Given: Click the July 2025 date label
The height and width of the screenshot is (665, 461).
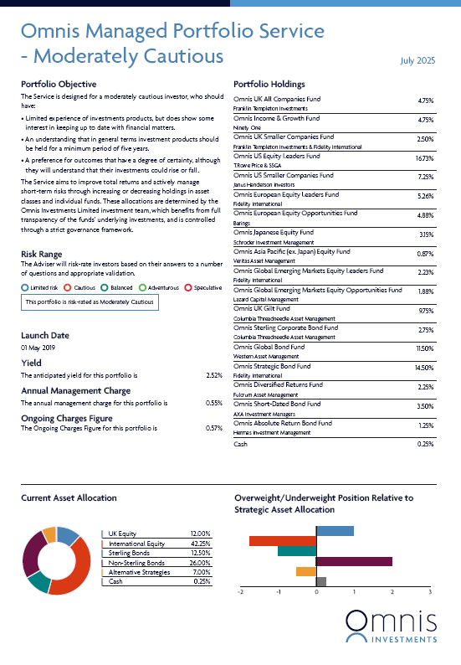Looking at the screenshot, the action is point(417,60).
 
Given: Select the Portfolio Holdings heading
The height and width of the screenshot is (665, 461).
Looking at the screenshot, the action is point(269,84).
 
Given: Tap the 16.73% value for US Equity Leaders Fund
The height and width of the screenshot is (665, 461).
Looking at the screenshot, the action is point(424,158).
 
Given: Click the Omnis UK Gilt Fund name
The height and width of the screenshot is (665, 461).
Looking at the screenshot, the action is point(261,308).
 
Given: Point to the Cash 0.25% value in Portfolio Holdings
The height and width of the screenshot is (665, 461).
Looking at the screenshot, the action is point(425,444).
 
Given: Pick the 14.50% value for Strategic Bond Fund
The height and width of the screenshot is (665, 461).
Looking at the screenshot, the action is point(424,368).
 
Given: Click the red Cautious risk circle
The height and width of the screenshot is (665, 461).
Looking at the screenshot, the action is point(67,287).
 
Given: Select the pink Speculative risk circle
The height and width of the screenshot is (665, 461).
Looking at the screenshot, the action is point(188,287).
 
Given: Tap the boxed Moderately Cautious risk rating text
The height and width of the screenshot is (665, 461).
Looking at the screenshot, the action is point(90,302).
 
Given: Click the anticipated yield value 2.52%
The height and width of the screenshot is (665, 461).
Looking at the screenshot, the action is point(214,375).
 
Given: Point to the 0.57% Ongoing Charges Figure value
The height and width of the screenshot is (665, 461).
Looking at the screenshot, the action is point(214,428).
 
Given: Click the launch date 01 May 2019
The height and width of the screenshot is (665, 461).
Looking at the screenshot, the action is point(38,348).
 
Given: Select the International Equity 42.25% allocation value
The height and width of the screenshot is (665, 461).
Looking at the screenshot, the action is point(201,544).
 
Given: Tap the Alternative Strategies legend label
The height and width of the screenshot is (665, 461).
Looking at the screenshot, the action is point(139,572).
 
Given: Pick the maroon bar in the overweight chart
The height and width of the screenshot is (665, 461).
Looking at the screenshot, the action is point(354,561).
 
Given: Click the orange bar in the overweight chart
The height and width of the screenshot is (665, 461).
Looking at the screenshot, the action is point(306,572).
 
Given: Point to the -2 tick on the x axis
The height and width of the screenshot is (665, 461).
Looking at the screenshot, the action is point(240,592).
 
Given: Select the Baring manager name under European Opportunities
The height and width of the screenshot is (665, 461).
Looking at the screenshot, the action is point(242,223).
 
